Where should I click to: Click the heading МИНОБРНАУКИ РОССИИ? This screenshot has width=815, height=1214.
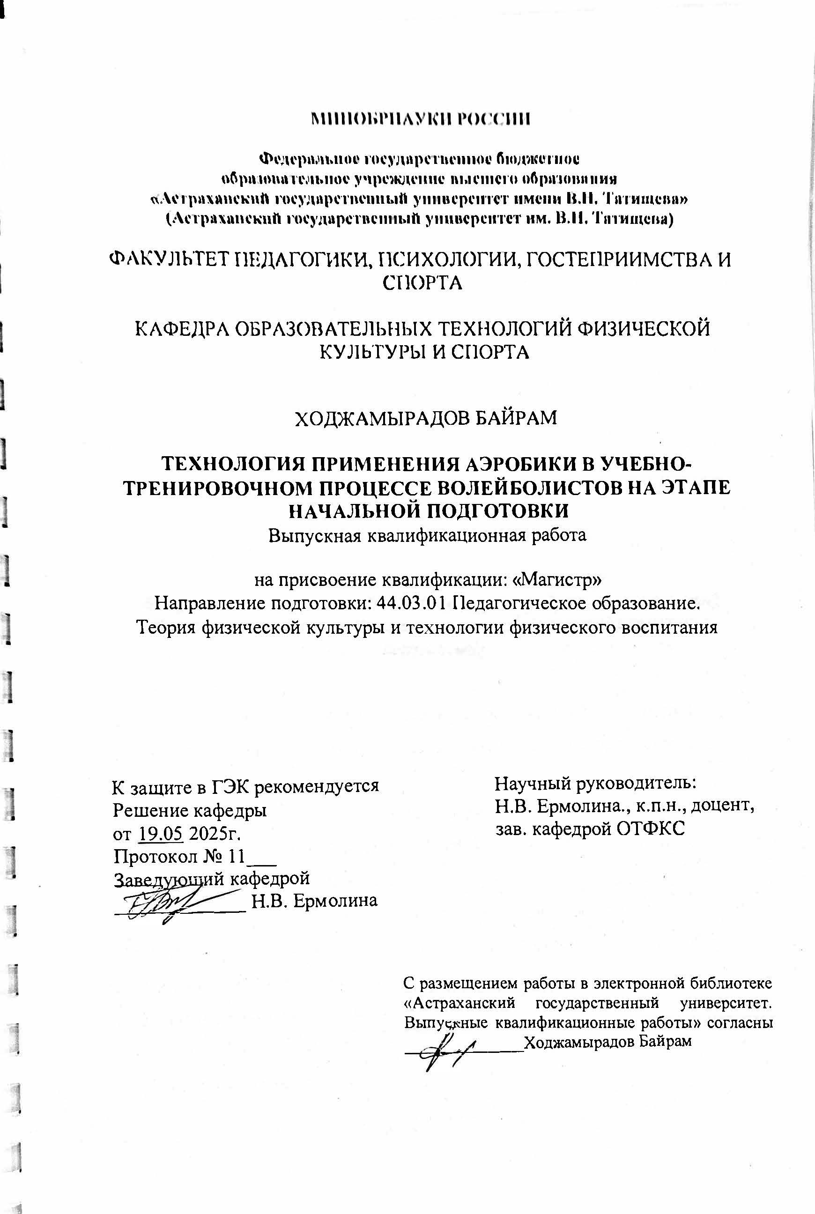point(420,119)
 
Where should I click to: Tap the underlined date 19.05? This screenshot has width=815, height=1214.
point(161,833)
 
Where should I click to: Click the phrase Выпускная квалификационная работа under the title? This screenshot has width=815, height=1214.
point(427,535)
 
